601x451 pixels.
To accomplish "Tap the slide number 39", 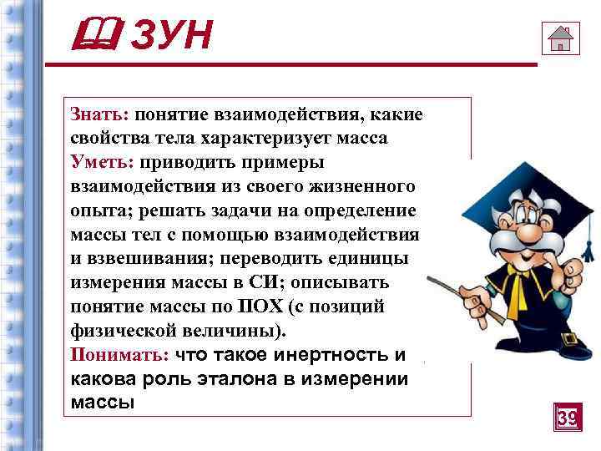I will (567, 417).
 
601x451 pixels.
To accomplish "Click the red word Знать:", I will (95, 115).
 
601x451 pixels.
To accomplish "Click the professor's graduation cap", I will (513, 177).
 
